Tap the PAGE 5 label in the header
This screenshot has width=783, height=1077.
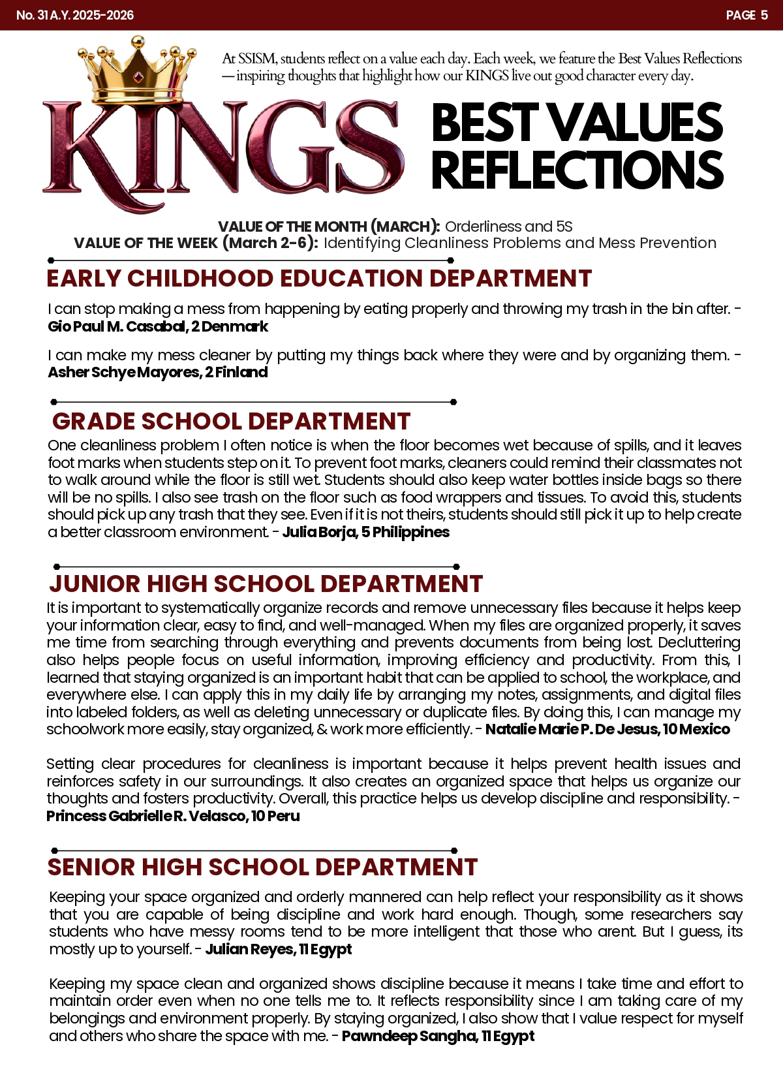(746, 15)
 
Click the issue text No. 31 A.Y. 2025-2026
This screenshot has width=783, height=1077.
(75, 15)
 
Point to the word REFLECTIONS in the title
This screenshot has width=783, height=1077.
(577, 170)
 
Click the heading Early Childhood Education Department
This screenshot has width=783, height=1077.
(318, 279)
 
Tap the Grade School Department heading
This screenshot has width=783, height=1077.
(231, 422)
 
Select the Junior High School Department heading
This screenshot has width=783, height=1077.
(266, 584)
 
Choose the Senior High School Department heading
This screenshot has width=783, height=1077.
(262, 867)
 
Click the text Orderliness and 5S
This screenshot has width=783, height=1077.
(509, 226)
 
